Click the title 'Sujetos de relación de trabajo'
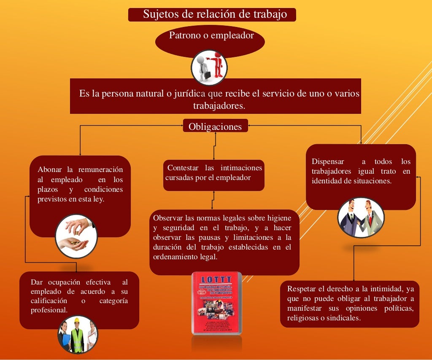coord(215,14)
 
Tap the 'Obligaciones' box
coord(215,126)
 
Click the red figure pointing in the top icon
coord(218,64)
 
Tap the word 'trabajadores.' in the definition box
coord(219,105)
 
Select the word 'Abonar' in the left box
coord(49,170)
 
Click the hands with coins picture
coord(76,236)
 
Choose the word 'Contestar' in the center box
coord(183,168)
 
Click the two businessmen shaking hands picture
coord(361,218)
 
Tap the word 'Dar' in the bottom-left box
coord(37,282)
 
